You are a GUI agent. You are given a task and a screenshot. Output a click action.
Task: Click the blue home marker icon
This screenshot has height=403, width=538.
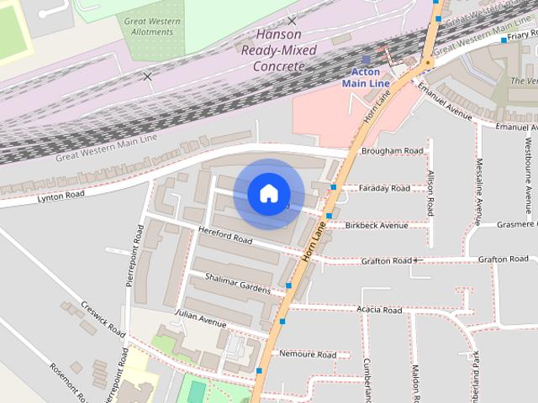click(x=268, y=194)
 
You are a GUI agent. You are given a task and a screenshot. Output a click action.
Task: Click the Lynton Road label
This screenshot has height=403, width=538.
click(x=61, y=196)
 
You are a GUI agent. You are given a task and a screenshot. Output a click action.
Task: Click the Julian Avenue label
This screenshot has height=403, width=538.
click(x=200, y=319)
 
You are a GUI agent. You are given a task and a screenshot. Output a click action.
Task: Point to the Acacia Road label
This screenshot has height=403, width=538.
click(x=379, y=310)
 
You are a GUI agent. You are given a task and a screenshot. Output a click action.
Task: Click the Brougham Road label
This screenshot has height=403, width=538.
click(x=391, y=151)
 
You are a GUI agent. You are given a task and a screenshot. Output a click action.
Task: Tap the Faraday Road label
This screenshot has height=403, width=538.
click(x=384, y=188)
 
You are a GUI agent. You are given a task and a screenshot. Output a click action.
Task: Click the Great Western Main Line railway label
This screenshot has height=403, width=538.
click(x=106, y=148)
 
